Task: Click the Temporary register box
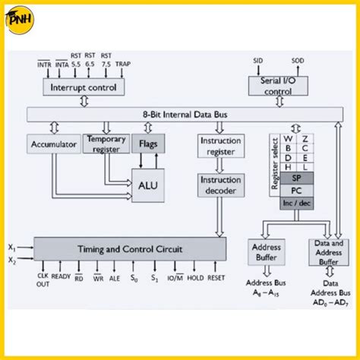[x=106, y=144]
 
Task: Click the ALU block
[x=147, y=184]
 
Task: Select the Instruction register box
[x=219, y=146]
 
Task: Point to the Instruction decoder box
[x=219, y=185]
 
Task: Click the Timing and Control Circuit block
[x=129, y=248]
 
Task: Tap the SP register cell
[x=296, y=178]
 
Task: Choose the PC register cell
[x=296, y=191]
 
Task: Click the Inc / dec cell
[x=296, y=204]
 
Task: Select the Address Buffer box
[x=265, y=251]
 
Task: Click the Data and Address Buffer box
[x=328, y=251]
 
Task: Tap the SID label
[x=257, y=59]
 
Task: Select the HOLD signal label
[x=194, y=278]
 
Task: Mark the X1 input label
[x=11, y=247]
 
